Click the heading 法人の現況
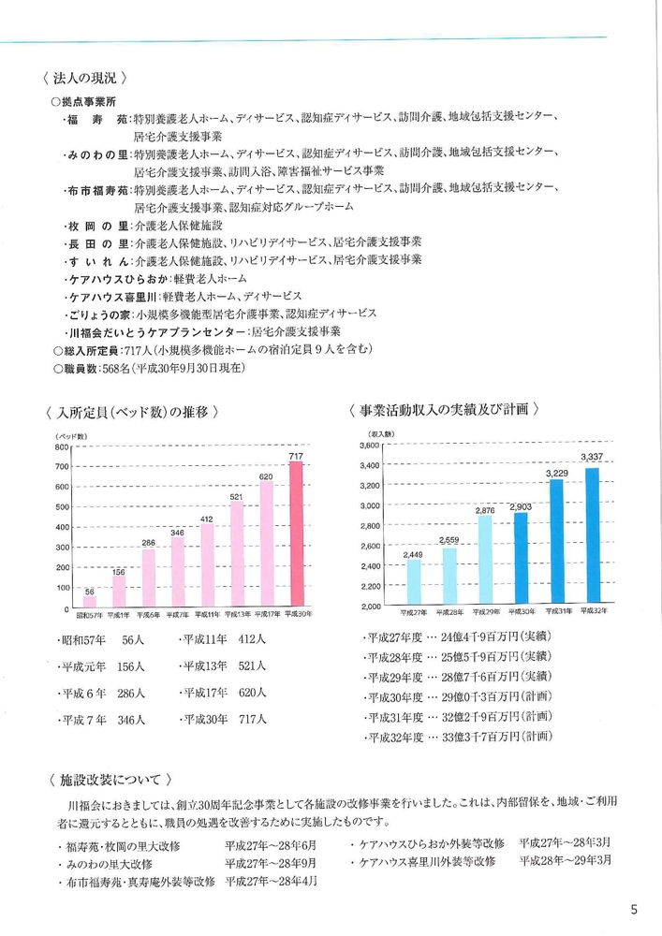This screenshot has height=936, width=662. pyautogui.click(x=85, y=79)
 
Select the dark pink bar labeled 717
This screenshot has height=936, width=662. pyautogui.click(x=296, y=534)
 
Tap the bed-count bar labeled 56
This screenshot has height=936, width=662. pyautogui.click(x=90, y=601)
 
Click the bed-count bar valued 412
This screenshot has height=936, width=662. pyautogui.click(x=207, y=564)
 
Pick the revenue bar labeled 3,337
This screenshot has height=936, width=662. pyautogui.click(x=592, y=534)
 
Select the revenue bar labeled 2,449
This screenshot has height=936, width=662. pyautogui.click(x=414, y=581)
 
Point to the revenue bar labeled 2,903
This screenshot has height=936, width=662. pyautogui.click(x=521, y=558)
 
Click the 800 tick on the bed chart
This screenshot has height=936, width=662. pyautogui.click(x=62, y=446)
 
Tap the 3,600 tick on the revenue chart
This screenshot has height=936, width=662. pyautogui.click(x=370, y=446)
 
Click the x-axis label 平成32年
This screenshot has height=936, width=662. pyautogui.click(x=594, y=610)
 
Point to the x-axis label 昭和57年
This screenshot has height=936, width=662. pyautogui.click(x=90, y=614)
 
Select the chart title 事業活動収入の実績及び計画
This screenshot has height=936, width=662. pyautogui.click(x=444, y=410)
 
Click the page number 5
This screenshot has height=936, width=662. pyautogui.click(x=634, y=910)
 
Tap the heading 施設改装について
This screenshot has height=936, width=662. pyautogui.click(x=110, y=780)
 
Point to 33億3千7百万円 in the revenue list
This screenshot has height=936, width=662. pyautogui.click(x=480, y=737)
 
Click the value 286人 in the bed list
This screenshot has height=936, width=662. pyautogui.click(x=131, y=694)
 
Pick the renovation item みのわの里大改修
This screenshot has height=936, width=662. pyautogui.click(x=110, y=864)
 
